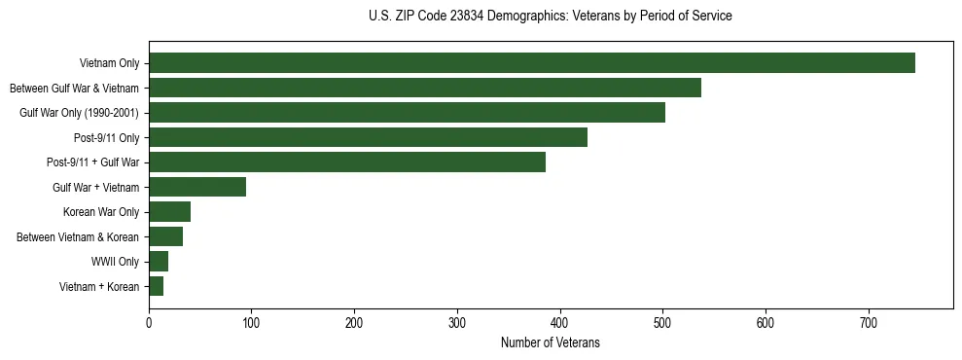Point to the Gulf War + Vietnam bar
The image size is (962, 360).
(x=197, y=187)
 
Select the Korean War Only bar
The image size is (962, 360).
(x=169, y=212)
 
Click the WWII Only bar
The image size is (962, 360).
(x=159, y=262)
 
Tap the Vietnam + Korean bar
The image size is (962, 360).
(x=156, y=286)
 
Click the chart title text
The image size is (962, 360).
(x=551, y=17)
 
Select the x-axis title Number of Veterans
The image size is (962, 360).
(x=551, y=343)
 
